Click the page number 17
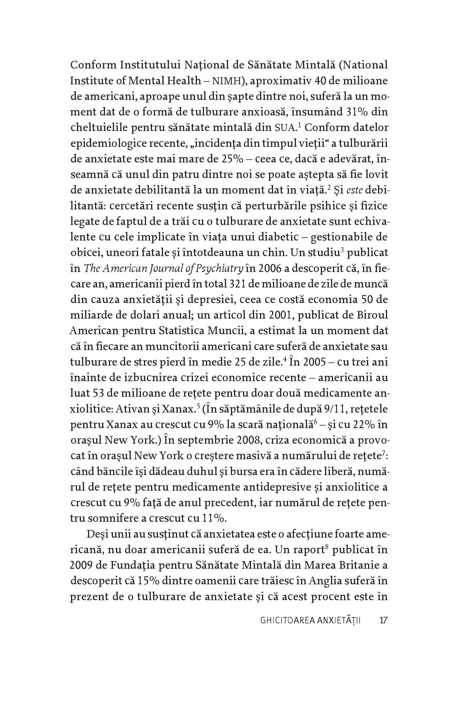coord(383,621)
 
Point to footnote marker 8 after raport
coord(327,547)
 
